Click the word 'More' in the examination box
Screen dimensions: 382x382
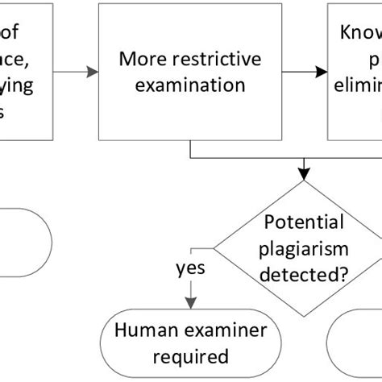click(139, 59)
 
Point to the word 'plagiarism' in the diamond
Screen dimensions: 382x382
click(304, 248)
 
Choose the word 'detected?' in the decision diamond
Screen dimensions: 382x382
click(304, 275)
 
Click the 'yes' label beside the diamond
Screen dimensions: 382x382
click(190, 268)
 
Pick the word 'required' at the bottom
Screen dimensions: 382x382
click(190, 355)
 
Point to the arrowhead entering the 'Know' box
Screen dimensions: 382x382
click(322, 73)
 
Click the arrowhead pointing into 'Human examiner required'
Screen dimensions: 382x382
click(190, 305)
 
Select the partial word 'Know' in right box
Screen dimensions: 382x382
click(359, 34)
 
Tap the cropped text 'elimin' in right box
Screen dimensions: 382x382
click(359, 86)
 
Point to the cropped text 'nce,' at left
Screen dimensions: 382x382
click(17, 59)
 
